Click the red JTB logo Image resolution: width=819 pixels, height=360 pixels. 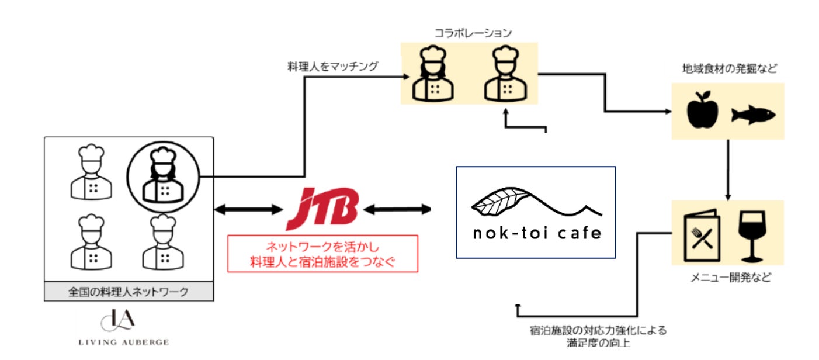pos(322,209)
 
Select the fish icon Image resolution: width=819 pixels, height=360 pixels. pos(753,115)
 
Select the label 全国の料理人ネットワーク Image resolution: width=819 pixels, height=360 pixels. pos(129,292)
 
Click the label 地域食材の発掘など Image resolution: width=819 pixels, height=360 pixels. pos(730,69)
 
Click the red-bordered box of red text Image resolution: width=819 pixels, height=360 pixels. pos(322,253)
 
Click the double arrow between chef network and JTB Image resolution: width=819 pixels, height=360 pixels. pos(248,209)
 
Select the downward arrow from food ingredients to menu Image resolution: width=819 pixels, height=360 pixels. pos(728,169)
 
